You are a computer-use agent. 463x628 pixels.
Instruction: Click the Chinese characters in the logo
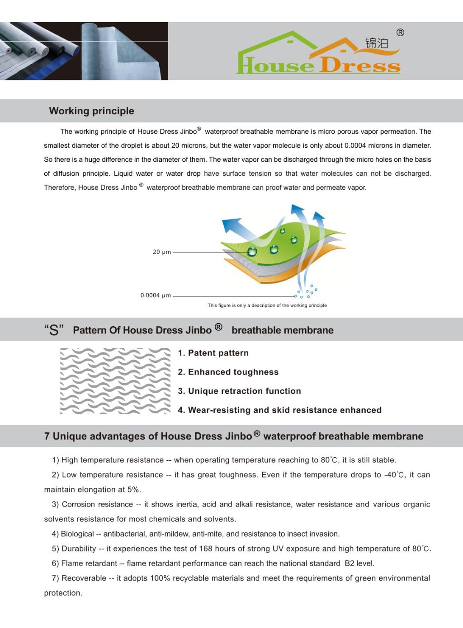(377, 43)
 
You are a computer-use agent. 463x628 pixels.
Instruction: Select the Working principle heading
(91, 111)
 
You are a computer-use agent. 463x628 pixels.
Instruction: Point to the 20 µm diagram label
(161, 252)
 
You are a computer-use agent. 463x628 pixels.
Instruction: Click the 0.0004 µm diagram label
(156, 295)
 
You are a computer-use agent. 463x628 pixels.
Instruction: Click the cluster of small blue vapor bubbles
(307, 291)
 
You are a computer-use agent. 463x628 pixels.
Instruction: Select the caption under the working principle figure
(267, 305)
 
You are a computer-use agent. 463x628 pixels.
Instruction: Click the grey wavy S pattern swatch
(115, 381)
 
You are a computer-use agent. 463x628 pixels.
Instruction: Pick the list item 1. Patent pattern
(213, 353)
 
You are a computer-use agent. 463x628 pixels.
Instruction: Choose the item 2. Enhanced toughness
(228, 372)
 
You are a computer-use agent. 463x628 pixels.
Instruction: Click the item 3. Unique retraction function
(239, 391)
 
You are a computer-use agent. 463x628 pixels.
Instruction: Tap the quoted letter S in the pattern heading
(54, 330)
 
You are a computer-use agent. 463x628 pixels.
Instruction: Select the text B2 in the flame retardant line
(350, 563)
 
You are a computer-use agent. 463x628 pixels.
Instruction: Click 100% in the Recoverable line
(160, 578)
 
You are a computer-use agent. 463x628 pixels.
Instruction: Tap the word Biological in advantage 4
(77, 534)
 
